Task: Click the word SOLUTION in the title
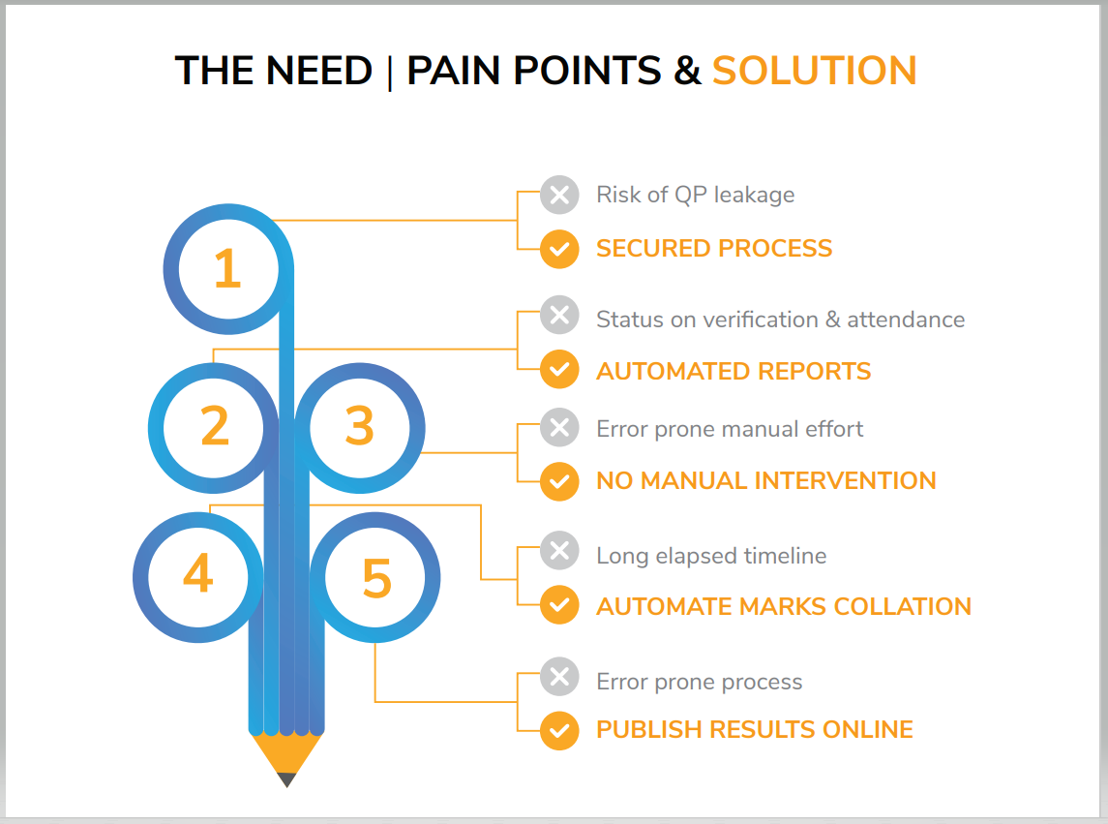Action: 814,72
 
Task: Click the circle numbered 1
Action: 227,268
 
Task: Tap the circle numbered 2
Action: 214,427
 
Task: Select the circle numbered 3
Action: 359,427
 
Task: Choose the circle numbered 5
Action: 376,579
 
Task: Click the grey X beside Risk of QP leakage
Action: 558,195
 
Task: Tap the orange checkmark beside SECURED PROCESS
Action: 558,249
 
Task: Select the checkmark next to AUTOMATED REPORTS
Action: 558,370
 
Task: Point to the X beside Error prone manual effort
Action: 558,427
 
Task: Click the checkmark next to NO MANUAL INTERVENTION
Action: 558,481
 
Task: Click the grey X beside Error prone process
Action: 558,677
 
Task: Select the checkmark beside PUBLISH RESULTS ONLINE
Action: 558,730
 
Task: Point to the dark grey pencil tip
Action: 286,778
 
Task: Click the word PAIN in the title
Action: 461,72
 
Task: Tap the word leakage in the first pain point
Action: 758,195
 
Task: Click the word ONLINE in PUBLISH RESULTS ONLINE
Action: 870,729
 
